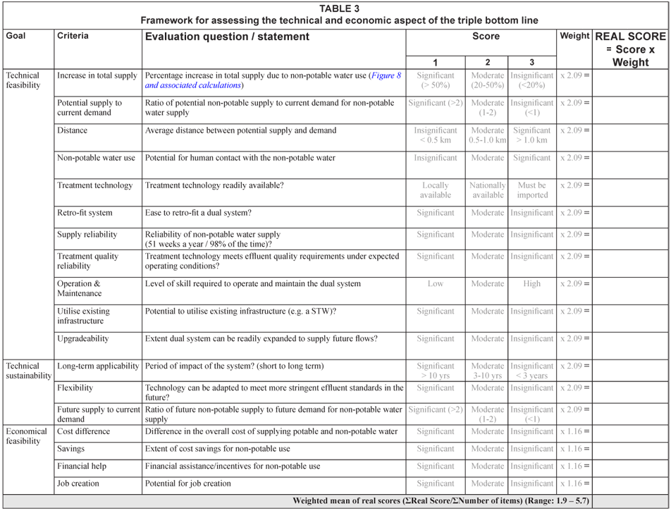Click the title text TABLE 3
click(x=339, y=8)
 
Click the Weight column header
click(x=574, y=36)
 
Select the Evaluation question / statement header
click(x=227, y=37)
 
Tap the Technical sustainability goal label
click(x=28, y=371)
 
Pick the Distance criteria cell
click(x=73, y=130)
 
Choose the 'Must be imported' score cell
click(x=531, y=190)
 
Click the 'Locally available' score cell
click(x=435, y=190)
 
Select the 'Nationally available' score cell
click(x=487, y=190)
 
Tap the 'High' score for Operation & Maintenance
click(x=531, y=284)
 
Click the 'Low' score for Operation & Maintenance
click(x=435, y=284)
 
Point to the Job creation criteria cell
click(x=78, y=484)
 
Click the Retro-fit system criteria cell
click(x=85, y=213)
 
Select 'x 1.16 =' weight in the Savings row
click(x=574, y=449)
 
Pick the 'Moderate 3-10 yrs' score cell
click(x=487, y=371)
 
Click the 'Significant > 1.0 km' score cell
click(x=531, y=135)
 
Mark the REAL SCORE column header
click(x=630, y=49)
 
